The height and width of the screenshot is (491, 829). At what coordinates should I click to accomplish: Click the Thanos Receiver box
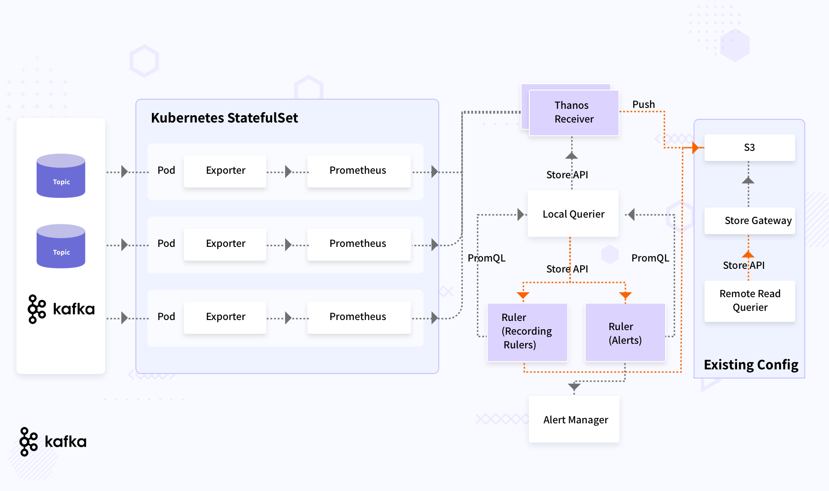click(x=574, y=112)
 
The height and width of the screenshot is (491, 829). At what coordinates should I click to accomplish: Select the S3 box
click(x=749, y=147)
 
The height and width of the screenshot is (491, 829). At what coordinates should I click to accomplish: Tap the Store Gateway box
click(x=749, y=221)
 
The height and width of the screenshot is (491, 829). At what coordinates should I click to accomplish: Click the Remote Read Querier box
click(x=749, y=301)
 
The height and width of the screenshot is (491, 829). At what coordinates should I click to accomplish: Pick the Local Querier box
click(x=573, y=214)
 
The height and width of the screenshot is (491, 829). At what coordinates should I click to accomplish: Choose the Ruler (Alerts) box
click(x=625, y=333)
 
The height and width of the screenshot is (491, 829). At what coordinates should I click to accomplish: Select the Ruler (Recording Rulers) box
click(x=527, y=332)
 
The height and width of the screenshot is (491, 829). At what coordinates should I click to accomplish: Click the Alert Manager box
click(x=574, y=419)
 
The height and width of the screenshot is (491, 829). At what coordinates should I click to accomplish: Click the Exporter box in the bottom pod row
click(x=225, y=317)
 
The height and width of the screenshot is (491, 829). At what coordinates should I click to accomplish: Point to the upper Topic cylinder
click(x=61, y=176)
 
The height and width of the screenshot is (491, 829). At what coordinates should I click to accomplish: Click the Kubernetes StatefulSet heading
click(x=224, y=118)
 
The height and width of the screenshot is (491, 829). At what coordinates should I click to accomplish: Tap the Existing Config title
click(x=751, y=365)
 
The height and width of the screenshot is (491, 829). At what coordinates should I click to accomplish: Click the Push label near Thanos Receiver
click(x=643, y=105)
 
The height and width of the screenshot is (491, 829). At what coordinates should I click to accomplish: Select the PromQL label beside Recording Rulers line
click(x=486, y=258)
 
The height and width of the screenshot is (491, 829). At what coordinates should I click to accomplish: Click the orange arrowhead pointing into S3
click(x=695, y=148)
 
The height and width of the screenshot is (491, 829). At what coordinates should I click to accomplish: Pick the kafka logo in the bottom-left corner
click(x=53, y=442)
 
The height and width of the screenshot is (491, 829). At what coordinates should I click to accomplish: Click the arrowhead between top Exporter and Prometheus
click(x=288, y=172)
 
